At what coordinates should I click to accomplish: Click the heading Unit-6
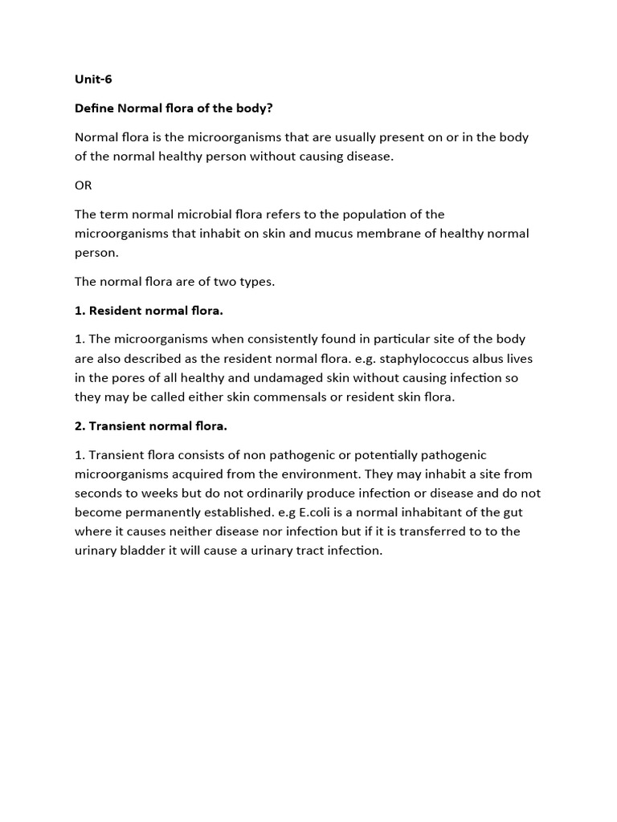pyautogui.click(x=93, y=79)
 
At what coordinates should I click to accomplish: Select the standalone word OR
pyautogui.click(x=84, y=185)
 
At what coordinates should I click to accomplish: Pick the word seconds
pyautogui.click(x=99, y=493)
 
